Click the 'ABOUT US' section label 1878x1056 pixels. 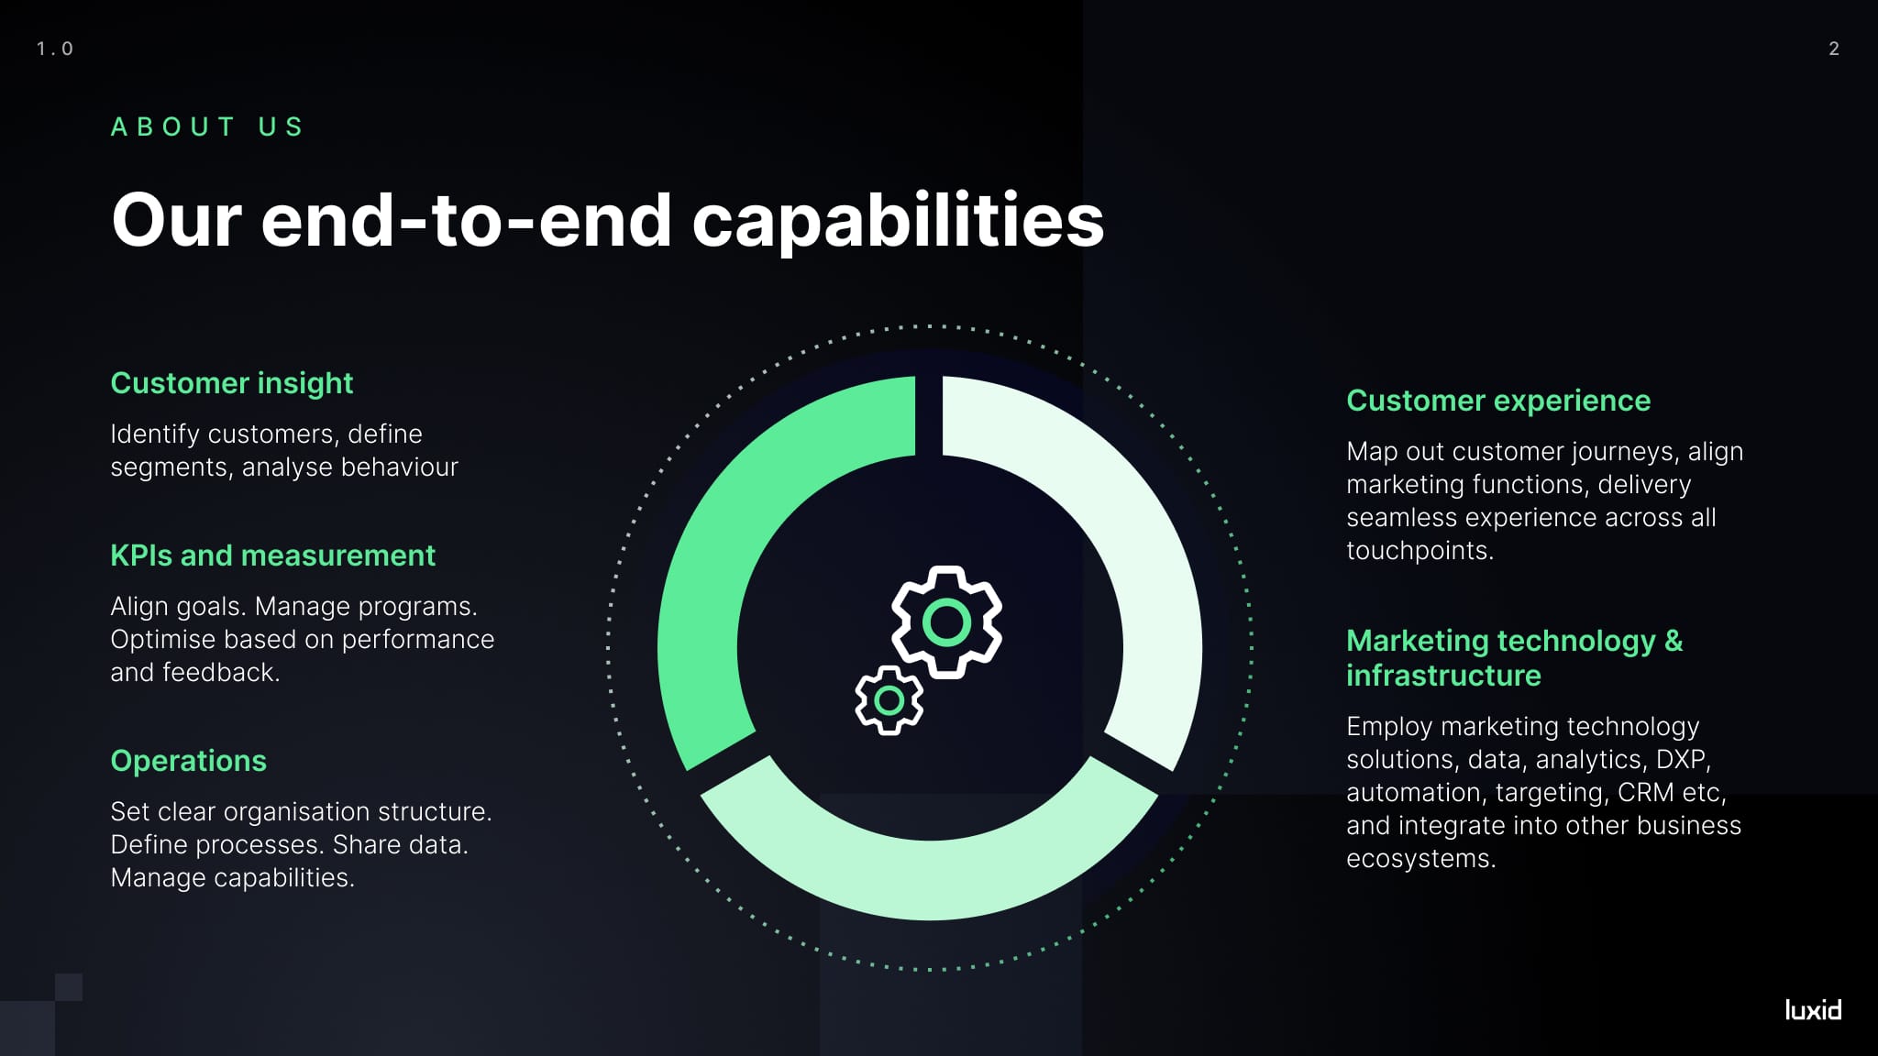(207, 126)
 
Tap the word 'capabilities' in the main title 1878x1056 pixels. (898, 221)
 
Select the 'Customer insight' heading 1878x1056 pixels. (231, 383)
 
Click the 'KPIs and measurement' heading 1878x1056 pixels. (272, 555)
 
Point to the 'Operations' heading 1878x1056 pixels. (188, 761)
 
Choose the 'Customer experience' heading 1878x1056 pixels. (1497, 401)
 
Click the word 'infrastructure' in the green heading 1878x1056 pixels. (1443, 676)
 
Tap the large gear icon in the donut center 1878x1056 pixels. (946, 622)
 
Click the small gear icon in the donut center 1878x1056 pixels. (889, 700)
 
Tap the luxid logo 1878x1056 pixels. (1813, 1010)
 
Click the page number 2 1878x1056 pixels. (1833, 49)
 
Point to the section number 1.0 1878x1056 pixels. (55, 49)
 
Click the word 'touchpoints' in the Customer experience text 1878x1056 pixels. (1418, 550)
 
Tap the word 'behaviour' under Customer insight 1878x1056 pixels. (400, 467)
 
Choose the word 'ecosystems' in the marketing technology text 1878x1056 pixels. (1419, 858)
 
